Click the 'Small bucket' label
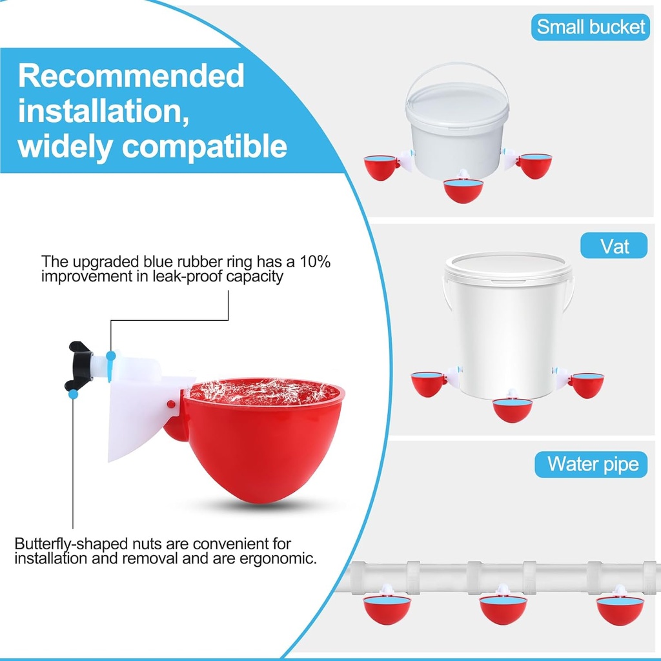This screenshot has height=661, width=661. point(591,26)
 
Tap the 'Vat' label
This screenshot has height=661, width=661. point(614,245)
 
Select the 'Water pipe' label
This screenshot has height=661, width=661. point(591,463)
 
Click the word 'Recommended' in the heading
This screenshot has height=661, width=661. point(132,76)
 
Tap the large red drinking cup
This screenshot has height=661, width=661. point(265,439)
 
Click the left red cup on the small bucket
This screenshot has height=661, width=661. point(381,167)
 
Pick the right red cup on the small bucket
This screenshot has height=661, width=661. point(534,165)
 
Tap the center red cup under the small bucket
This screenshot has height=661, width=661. point(463,190)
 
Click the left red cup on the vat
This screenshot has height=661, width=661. point(429,384)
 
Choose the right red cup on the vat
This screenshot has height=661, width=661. point(586,385)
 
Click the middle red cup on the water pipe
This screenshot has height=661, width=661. point(503,609)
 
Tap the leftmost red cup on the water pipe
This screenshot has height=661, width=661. point(387,609)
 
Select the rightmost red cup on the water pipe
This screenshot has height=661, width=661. point(620,609)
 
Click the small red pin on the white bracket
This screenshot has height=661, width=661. point(170,403)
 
